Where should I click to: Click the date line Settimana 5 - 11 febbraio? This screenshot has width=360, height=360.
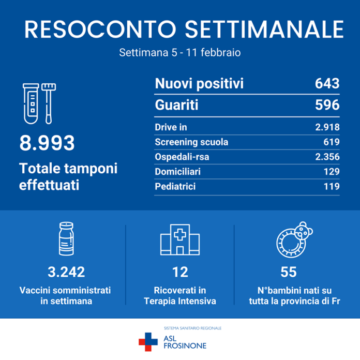[179, 53]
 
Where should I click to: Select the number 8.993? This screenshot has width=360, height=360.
[47, 143]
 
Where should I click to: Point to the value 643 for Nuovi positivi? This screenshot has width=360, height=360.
[326, 84]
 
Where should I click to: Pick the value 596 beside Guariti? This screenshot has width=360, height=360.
[326, 105]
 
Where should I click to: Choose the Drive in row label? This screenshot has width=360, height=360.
[171, 127]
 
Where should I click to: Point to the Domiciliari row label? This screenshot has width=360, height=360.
[177, 171]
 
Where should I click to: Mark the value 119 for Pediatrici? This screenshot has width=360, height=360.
[329, 186]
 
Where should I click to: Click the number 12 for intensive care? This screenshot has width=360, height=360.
[179, 272]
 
